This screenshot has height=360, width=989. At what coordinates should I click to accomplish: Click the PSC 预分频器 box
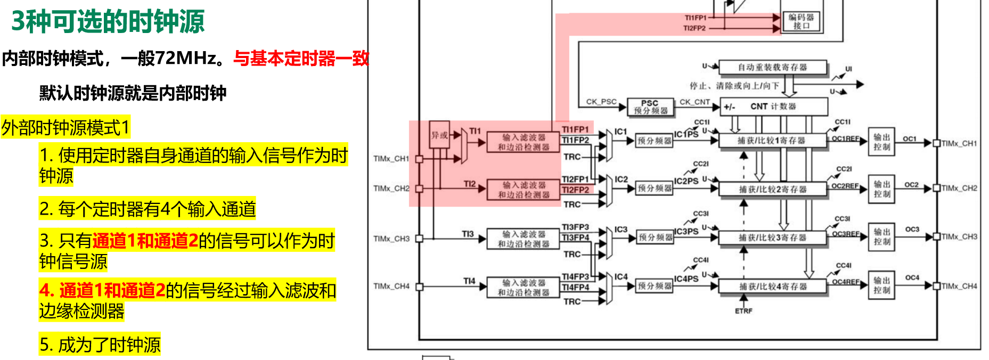650,107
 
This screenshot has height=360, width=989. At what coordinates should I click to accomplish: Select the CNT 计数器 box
773,107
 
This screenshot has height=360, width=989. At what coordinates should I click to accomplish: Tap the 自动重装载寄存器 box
772,68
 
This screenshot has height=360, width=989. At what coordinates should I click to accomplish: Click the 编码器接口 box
802,21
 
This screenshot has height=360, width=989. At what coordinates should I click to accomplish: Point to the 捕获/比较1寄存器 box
772,141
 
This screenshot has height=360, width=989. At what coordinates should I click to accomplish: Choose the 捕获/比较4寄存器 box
773,287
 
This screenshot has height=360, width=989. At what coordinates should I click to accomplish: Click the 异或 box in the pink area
439,135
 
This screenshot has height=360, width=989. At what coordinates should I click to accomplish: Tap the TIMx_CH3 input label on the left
391,239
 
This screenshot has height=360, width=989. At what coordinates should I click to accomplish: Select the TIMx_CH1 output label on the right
959,143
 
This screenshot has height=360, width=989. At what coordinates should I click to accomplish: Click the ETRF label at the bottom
743,311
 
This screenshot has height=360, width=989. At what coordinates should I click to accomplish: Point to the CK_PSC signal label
601,102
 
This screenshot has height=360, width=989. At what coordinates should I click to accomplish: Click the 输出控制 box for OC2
881,189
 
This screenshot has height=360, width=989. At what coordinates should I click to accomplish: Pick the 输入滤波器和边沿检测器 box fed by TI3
523,239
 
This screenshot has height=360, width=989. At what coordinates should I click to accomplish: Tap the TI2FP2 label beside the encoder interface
694,28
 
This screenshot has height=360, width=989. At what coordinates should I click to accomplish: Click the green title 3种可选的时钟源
108,22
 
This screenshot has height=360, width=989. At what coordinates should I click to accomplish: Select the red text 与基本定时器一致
301,58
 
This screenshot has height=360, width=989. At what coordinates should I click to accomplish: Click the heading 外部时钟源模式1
66,128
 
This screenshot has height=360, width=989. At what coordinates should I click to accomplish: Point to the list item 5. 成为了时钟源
100,345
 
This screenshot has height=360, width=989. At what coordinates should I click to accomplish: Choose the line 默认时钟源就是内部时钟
133,93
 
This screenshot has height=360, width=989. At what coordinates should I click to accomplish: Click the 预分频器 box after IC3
655,238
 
